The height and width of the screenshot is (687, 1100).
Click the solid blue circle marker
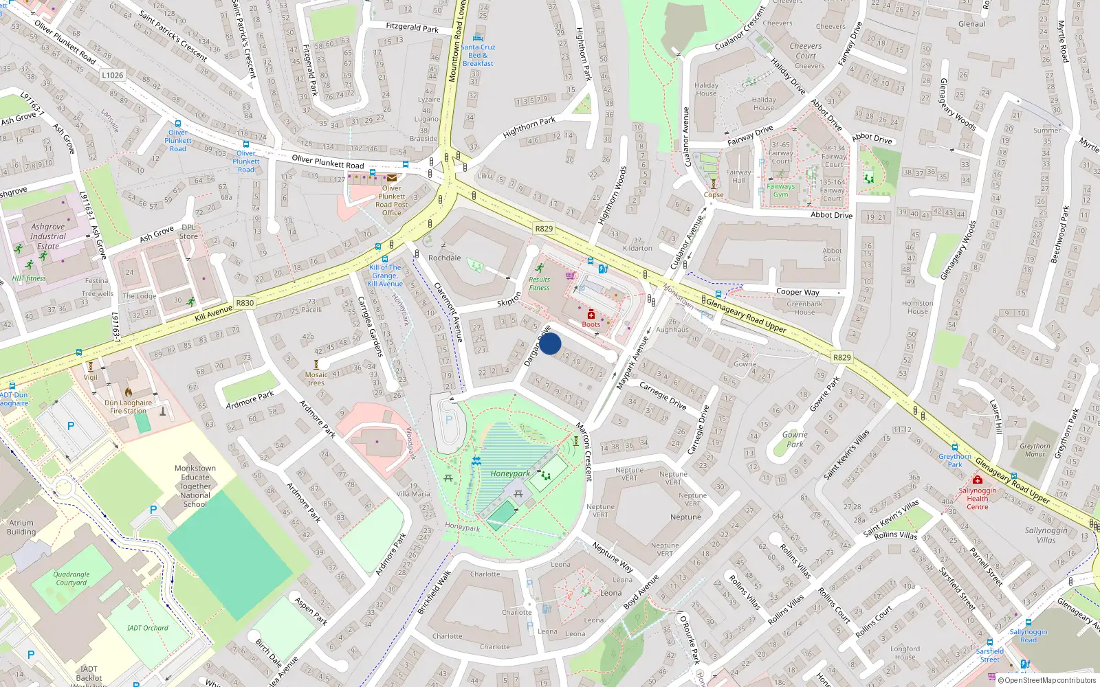click(550, 343)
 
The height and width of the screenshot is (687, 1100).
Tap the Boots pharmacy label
click(591, 324)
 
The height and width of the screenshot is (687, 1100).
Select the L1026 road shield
click(113, 76)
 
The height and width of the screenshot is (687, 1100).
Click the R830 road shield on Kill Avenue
click(245, 303)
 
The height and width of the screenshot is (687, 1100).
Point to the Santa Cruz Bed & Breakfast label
click(478, 55)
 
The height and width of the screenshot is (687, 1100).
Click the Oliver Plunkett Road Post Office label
click(391, 201)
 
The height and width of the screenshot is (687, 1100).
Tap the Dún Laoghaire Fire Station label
click(128, 407)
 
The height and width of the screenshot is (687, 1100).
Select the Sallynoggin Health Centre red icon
click(977, 480)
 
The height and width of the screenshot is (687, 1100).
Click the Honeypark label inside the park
click(510, 473)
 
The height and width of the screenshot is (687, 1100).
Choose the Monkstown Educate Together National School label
click(195, 486)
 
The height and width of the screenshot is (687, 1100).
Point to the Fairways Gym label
click(780, 190)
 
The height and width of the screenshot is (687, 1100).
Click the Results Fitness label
click(539, 283)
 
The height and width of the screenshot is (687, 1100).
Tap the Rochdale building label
click(445, 258)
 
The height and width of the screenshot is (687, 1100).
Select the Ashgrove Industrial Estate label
click(48, 236)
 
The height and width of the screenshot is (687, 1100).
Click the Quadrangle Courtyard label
click(71, 578)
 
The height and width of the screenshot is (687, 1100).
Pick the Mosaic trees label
click(316, 379)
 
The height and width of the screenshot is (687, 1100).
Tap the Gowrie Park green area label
click(795, 439)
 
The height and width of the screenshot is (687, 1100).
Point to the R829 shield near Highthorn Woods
click(544, 228)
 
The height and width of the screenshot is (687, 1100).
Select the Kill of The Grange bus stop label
click(385, 275)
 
